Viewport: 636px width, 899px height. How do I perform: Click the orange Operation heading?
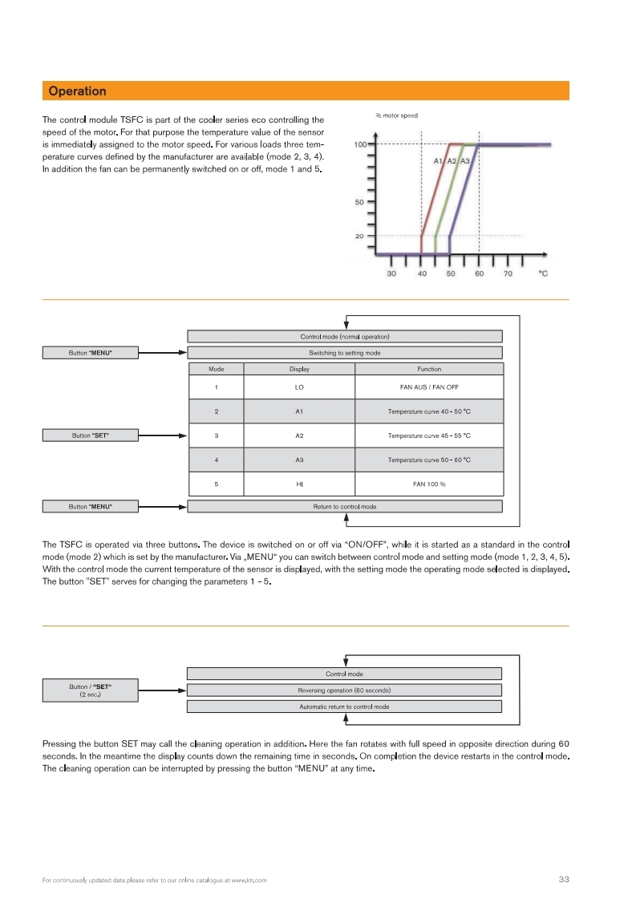coord(77,91)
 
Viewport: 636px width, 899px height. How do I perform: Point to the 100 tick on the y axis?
coord(360,144)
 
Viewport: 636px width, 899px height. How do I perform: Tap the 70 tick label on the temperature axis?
coord(508,273)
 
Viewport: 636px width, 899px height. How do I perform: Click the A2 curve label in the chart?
coord(452,161)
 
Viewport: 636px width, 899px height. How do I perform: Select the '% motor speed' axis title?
coord(396,116)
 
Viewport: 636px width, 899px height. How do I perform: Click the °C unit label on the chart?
coord(543,273)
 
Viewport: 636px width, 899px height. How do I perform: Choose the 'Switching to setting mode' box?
coord(345,353)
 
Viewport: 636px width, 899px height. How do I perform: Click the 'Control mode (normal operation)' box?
coord(345,337)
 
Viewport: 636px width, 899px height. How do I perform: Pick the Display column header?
coord(299,369)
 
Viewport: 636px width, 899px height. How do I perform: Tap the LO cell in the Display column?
coord(299,388)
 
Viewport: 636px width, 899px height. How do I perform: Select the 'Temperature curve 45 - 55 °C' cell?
coord(429,435)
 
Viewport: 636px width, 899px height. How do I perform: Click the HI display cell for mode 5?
coord(299,484)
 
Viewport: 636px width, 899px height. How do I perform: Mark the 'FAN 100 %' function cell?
coord(429,484)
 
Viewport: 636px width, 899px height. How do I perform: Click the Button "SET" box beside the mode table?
coord(90,435)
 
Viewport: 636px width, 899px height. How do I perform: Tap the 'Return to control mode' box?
coord(345,507)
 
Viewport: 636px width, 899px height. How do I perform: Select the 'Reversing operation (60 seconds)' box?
coord(344,690)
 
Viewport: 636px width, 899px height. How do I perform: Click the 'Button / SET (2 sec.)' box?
coord(90,690)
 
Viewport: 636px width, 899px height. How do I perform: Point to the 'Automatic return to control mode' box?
coord(344,707)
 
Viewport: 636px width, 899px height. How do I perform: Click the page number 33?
coord(563,880)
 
